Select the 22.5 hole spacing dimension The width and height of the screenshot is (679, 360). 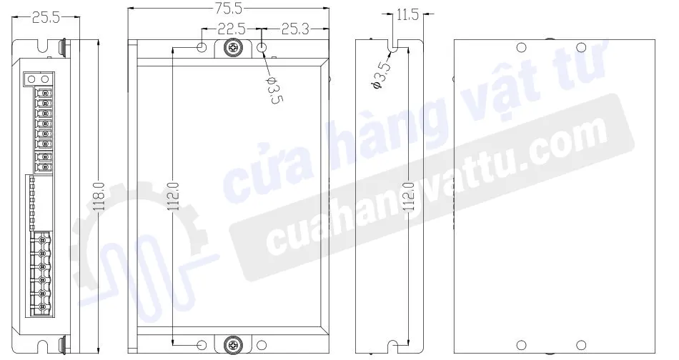(x=231, y=30)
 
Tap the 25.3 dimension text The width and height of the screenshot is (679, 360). (x=295, y=30)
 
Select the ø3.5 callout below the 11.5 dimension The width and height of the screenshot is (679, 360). (x=382, y=75)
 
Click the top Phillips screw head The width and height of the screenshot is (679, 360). (x=233, y=48)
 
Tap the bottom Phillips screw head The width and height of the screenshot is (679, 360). (x=233, y=344)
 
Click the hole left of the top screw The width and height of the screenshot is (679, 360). (x=202, y=48)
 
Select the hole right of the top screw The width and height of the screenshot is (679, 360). (x=263, y=48)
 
